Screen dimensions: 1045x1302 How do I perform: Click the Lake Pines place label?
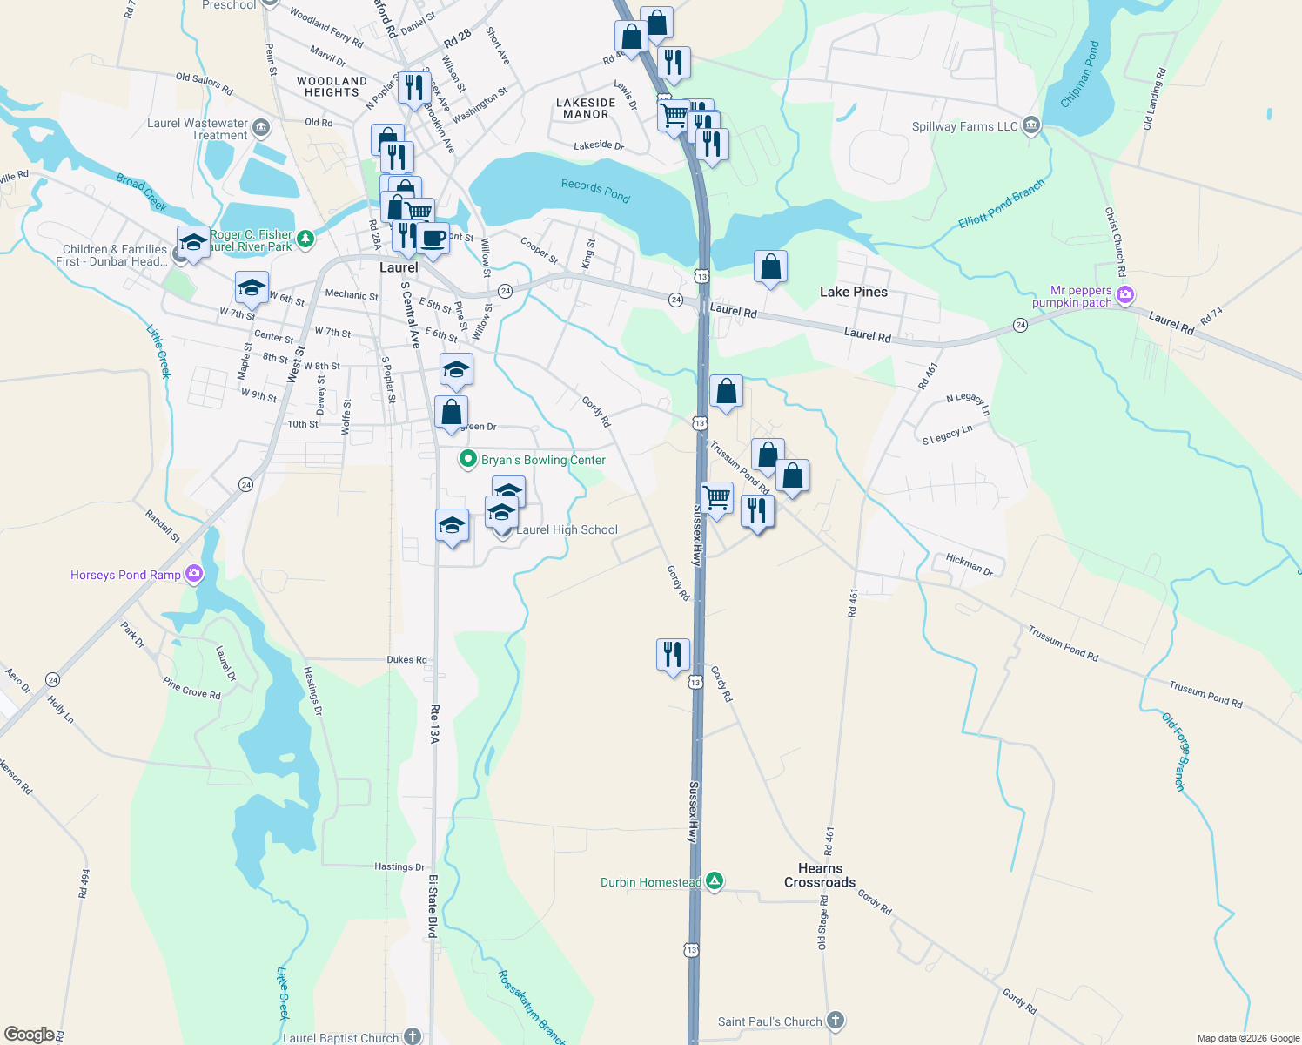point(853,292)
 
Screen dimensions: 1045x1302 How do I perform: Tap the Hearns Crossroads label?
point(820,875)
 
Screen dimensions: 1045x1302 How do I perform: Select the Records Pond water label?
point(595,190)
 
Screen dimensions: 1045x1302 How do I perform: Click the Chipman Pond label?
point(1080,74)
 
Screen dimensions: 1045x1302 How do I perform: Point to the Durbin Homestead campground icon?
point(715,881)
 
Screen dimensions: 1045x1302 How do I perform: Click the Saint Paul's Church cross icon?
point(835,1021)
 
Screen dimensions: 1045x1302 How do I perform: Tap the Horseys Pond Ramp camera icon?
point(194,574)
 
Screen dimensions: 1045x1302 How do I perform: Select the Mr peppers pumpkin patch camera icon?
point(1125,296)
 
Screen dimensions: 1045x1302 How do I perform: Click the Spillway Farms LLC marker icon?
point(1031,126)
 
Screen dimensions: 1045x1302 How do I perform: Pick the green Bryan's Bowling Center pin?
point(468,459)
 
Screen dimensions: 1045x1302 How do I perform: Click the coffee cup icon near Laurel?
point(433,238)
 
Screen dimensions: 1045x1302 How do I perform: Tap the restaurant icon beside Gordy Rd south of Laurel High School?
point(673,653)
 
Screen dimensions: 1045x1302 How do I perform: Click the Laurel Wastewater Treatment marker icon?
point(261,129)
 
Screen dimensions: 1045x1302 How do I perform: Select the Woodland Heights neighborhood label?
point(332,86)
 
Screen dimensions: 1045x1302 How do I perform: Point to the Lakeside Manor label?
point(586,108)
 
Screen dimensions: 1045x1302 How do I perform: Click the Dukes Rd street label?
point(406,659)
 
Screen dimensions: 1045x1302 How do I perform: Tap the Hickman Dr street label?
point(969,565)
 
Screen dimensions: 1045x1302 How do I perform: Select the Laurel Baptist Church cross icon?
point(413,1036)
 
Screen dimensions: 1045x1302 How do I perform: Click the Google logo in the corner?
point(30,1035)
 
